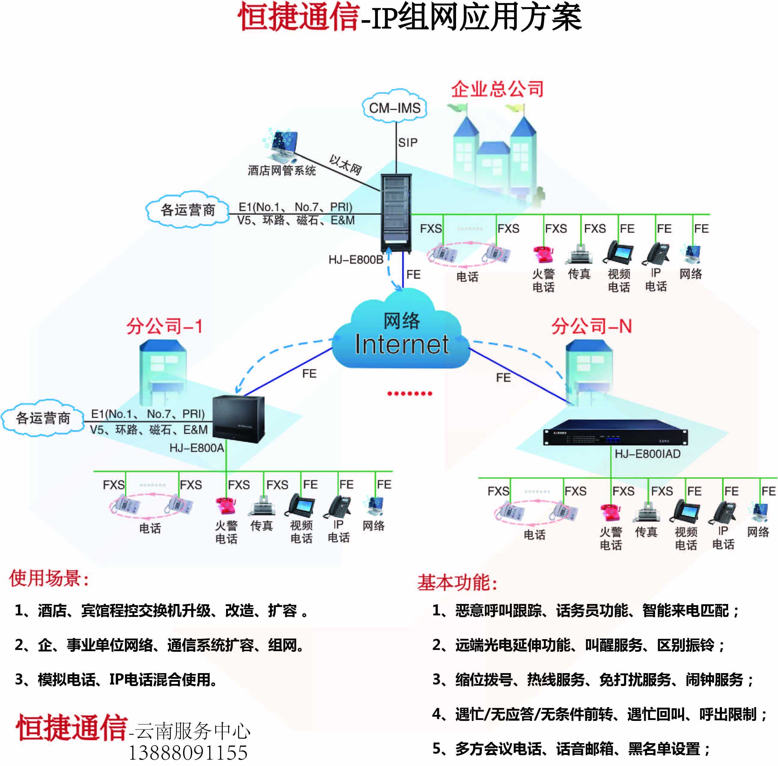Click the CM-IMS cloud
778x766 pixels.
(394, 107)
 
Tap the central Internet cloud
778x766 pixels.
(401, 334)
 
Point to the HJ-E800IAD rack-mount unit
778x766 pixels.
(615, 433)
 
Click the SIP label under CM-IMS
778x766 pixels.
(408, 142)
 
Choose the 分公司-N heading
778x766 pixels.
(591, 326)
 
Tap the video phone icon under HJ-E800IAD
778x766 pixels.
(686, 512)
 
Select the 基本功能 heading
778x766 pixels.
(457, 583)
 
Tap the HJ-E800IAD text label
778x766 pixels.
(647, 454)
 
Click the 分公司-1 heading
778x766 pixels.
(164, 326)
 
